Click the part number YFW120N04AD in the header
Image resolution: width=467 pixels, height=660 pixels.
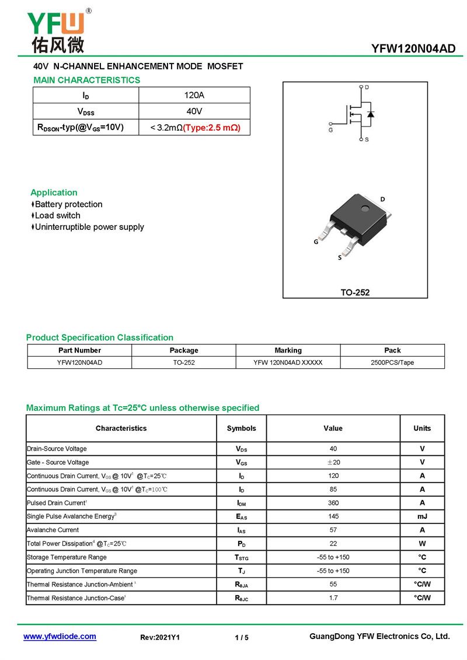coord(413,49)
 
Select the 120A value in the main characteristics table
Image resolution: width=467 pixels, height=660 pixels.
coord(194,95)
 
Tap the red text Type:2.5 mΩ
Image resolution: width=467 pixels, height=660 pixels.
coord(212,127)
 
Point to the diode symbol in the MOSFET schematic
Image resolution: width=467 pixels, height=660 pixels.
coord(370,114)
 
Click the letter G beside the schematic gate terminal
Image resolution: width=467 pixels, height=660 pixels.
coord(330,130)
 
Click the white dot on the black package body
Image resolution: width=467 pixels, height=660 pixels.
coord(365,208)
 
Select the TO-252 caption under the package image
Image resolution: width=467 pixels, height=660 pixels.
coord(355,292)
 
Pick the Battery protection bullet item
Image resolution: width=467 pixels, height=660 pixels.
coord(68,204)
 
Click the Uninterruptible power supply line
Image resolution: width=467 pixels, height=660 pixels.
coord(89,227)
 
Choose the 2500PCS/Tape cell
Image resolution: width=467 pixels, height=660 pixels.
coord(392,362)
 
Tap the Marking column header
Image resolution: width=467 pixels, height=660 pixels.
coord(288,350)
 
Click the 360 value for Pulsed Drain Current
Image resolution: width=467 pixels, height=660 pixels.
coord(333,503)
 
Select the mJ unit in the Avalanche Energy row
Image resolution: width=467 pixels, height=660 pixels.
coord(422,516)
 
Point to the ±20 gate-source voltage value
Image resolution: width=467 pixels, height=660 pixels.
coord(333,462)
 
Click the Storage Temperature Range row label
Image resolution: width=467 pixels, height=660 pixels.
coord(67,557)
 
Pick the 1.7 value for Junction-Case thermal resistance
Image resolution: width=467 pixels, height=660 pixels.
coord(333,598)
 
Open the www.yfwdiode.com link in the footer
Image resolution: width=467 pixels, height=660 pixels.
coord(60,637)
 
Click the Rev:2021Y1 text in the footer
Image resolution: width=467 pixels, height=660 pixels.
coord(160,637)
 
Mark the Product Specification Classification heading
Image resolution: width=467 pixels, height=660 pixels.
coord(100,337)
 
